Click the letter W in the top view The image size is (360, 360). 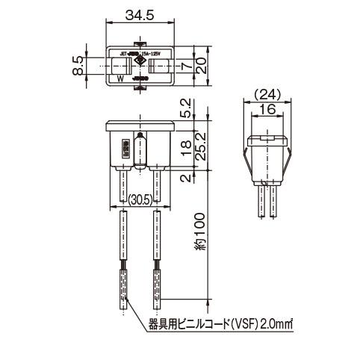[120, 77]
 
